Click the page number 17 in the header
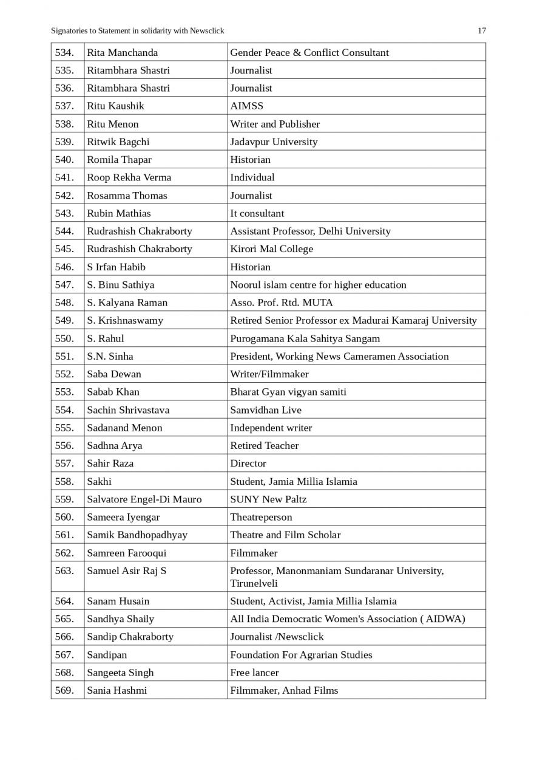coord(482,31)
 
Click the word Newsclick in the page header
coord(207,31)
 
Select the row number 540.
coord(64,160)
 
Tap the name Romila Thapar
coord(119,160)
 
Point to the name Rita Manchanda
coord(122,52)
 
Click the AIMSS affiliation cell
coord(246,106)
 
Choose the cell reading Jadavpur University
coord(274,142)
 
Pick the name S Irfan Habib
coord(116,267)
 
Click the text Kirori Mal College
coord(271,249)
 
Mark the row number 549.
coord(64,320)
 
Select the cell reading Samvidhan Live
coord(265,410)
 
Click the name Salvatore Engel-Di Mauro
coord(144,499)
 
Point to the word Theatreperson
coord(261,517)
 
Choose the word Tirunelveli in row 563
coord(254,583)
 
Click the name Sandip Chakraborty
coord(130,637)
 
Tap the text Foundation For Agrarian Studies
coord(301,655)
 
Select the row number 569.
coord(64,690)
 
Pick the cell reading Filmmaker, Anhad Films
coord(284,690)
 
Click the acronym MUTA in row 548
coord(320,303)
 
